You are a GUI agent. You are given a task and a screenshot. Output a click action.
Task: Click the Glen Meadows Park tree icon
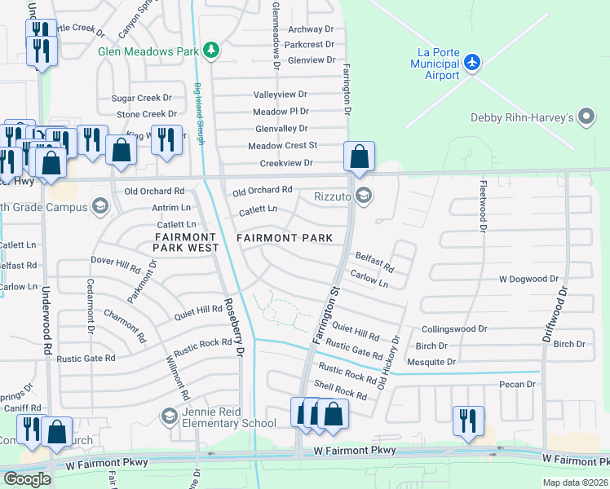[x=211, y=51]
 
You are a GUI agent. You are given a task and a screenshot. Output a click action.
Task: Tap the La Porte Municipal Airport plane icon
[x=472, y=62]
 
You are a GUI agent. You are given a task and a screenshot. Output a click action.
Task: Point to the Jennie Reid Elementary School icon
[x=169, y=416]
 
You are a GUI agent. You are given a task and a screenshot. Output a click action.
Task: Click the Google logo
[x=27, y=478]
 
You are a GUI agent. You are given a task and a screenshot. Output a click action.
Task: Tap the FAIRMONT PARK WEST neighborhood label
[x=187, y=242]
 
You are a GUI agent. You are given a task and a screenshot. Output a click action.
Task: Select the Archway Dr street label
[x=305, y=29]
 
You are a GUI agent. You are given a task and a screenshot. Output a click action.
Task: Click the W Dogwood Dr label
[x=528, y=280]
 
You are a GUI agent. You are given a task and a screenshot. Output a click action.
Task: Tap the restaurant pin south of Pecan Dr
[x=468, y=421]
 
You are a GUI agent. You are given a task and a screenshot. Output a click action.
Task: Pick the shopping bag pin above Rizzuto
[x=359, y=156]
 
